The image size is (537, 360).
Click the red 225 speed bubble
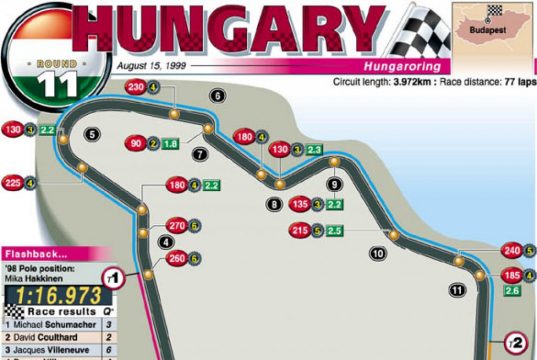pyautogui.click(x=13, y=182)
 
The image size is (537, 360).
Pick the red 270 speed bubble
pyautogui.click(x=177, y=224)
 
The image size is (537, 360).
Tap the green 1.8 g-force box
pyautogui.click(x=171, y=144)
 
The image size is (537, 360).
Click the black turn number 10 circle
pyautogui.click(x=377, y=253)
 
